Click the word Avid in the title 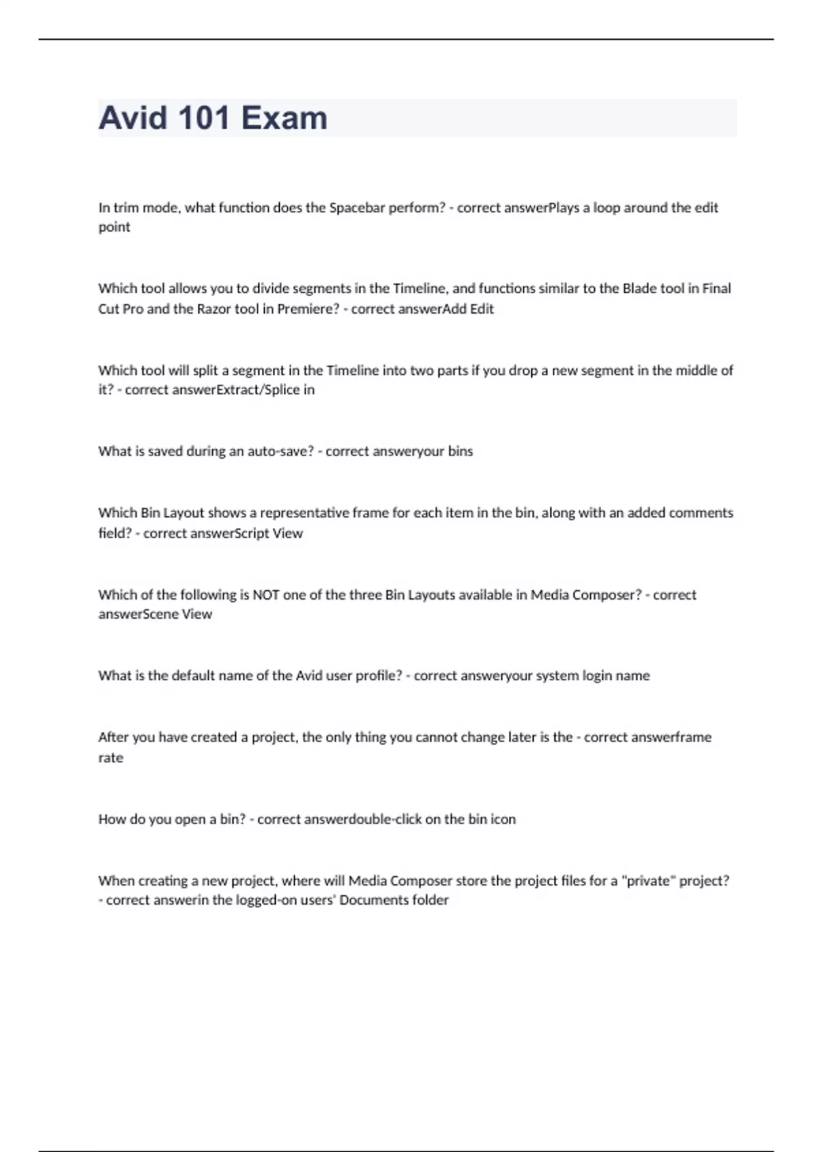[133, 118]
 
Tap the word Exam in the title [285, 118]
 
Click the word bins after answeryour [460, 451]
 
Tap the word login [593, 676]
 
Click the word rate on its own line [110, 758]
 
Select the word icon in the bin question [503, 819]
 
